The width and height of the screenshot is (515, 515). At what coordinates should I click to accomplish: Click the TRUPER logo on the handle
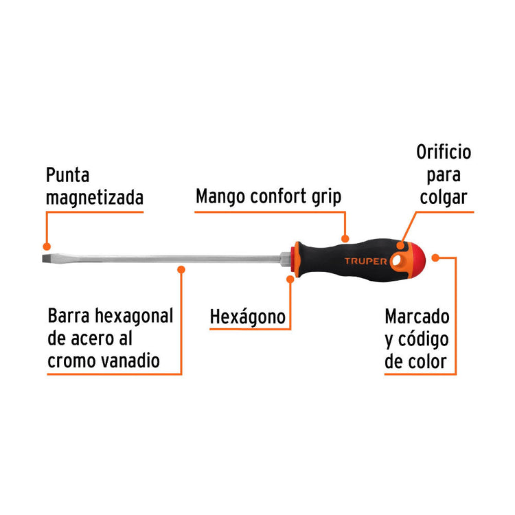[365, 261]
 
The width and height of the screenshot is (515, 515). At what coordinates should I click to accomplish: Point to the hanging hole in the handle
[396, 260]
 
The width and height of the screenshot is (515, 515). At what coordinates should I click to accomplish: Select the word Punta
[68, 175]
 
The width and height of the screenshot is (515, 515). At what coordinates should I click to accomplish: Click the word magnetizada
[95, 198]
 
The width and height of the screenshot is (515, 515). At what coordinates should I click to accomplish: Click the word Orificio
[444, 152]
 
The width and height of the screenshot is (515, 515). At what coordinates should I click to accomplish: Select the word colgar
[444, 198]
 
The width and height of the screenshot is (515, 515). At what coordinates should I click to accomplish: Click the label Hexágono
[248, 317]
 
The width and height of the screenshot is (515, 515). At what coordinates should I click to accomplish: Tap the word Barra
[69, 316]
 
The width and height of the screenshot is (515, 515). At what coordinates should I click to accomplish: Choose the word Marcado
[417, 317]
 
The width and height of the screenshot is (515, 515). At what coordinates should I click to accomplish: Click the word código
[424, 340]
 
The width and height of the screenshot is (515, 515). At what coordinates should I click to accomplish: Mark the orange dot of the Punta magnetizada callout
[47, 247]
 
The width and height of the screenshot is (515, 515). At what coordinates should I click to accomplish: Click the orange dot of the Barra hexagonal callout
[181, 270]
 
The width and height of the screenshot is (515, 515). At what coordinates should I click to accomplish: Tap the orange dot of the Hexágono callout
[290, 279]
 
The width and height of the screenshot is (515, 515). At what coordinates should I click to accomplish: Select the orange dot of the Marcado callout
[435, 257]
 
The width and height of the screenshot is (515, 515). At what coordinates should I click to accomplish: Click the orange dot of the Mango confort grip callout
[345, 238]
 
